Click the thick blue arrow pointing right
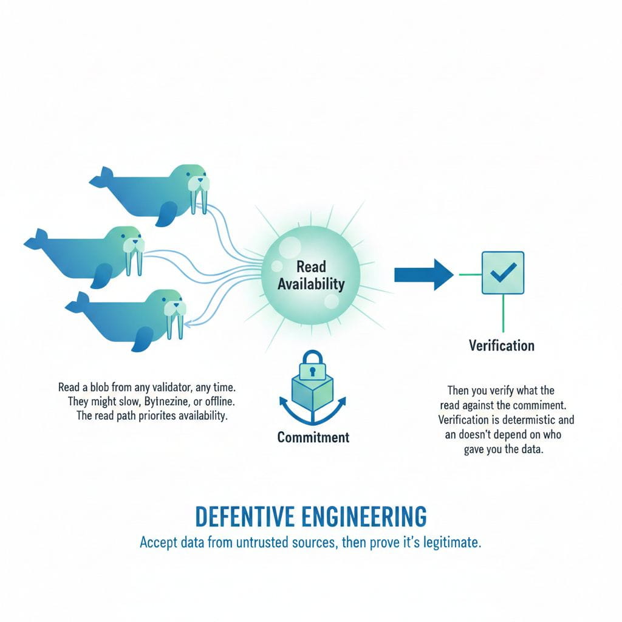(x=423, y=275)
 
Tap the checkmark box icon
(x=502, y=273)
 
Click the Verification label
(x=502, y=346)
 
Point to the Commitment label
(x=313, y=437)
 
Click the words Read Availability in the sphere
(x=312, y=275)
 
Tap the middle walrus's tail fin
(x=36, y=240)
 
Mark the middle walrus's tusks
(x=134, y=261)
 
